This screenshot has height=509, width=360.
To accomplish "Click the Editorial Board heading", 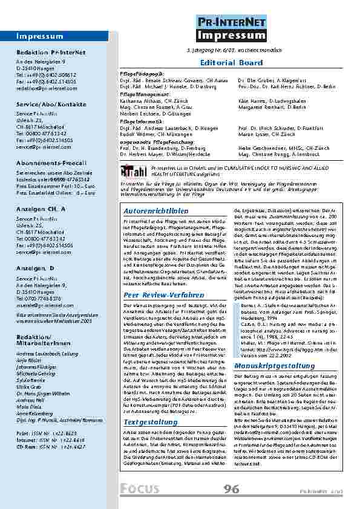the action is coord(231,62).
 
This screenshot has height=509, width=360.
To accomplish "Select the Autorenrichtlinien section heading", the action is coord(154,212).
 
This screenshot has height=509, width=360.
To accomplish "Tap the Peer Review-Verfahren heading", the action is coord(155,295).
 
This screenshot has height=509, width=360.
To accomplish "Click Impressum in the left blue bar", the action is coord(36,36).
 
